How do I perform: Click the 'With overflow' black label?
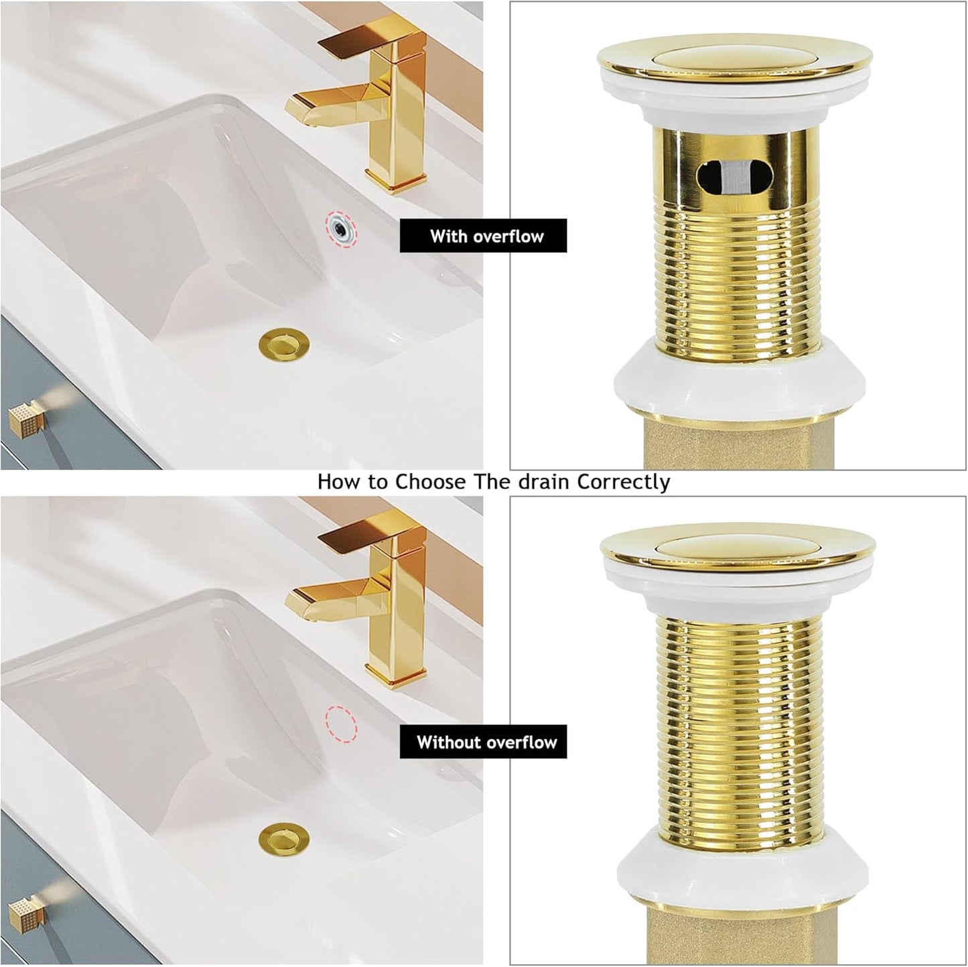(x=483, y=236)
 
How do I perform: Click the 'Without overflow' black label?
(x=483, y=742)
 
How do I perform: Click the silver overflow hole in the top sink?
(x=341, y=227)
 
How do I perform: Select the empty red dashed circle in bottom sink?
(x=341, y=723)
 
